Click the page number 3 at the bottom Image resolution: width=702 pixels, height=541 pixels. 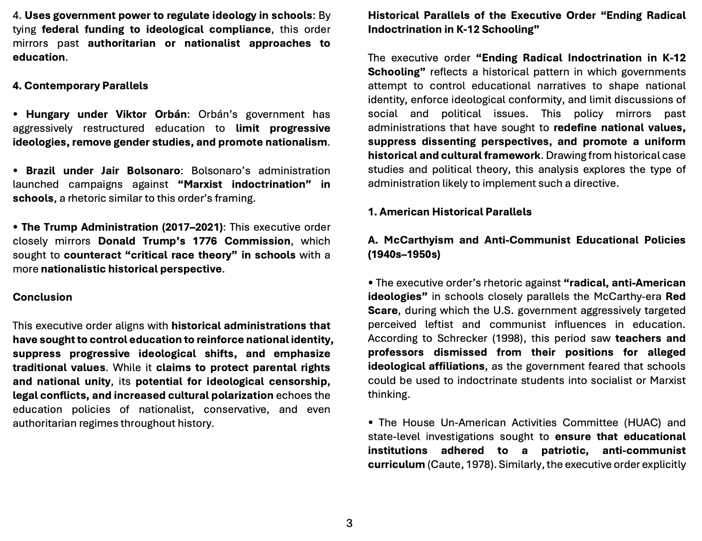tap(349, 523)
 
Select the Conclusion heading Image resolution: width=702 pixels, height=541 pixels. tap(42, 297)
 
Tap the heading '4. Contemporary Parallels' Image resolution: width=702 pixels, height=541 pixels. tap(80, 86)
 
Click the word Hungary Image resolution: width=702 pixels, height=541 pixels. tap(47, 114)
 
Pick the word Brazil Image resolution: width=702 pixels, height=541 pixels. tap(40, 171)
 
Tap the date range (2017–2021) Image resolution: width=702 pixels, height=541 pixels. tap(192, 227)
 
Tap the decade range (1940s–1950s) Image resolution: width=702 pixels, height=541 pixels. tap(404, 254)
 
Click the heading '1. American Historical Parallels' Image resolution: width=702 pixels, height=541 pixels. tap(450, 212)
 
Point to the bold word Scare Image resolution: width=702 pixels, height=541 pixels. tap(382, 310)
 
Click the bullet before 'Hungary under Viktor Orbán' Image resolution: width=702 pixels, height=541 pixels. tap(15, 115)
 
